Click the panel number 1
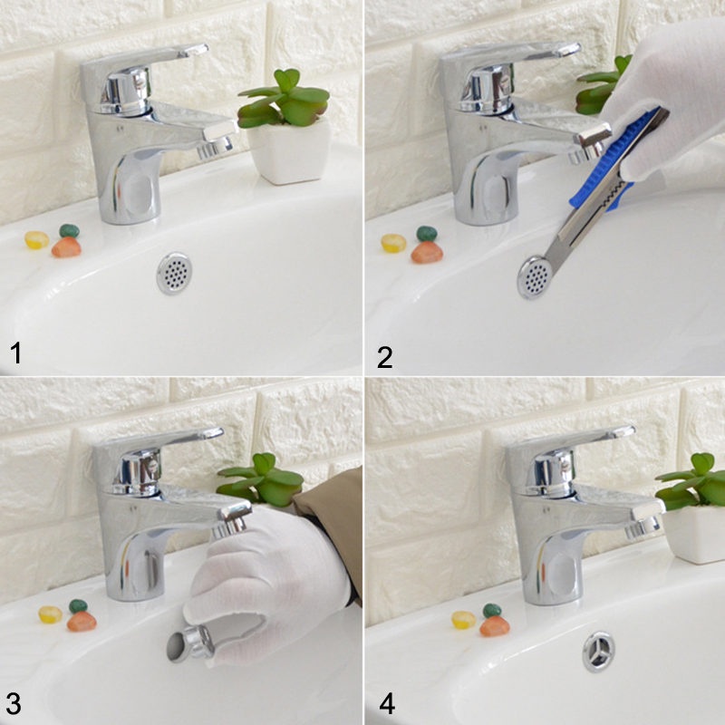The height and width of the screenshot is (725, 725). [15, 353]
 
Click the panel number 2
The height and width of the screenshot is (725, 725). [384, 357]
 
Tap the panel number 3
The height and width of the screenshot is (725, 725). [14, 704]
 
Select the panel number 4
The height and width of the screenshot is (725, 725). [387, 704]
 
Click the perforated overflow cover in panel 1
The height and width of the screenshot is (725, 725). [174, 273]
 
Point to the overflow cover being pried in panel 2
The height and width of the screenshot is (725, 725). [534, 277]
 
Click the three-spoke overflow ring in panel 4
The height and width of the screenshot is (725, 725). [599, 651]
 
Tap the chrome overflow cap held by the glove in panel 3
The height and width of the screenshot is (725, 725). [190, 643]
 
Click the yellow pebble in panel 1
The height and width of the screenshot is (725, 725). [37, 240]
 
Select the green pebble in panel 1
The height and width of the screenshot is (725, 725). [70, 231]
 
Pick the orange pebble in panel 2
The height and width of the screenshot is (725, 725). [427, 253]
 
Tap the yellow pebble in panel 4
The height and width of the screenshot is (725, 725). [463, 620]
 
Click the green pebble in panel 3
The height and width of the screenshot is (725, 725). [78, 606]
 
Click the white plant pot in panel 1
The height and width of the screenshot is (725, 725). [289, 151]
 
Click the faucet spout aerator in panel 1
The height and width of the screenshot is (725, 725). [215, 148]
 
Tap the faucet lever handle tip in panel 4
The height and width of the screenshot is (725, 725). [624, 432]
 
